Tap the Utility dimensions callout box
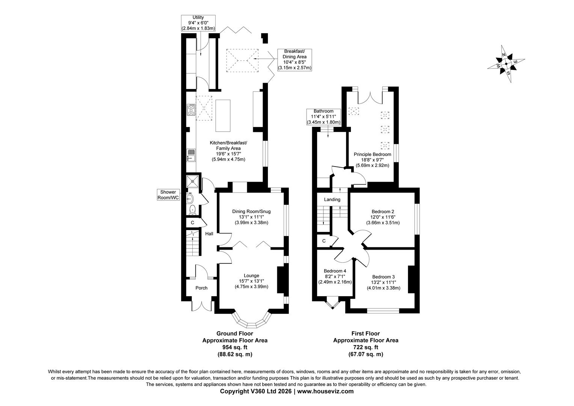coord(198,23)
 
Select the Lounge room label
coord(251,276)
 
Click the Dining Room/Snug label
coord(251,212)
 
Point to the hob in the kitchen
coord(191,109)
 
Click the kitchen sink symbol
coord(191,155)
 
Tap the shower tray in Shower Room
coord(193,182)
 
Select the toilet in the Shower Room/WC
coord(192,210)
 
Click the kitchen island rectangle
coord(223,115)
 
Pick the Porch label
coord(201,288)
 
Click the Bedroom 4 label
coord(335,271)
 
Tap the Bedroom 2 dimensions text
coord(383,223)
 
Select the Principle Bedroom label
coord(372,155)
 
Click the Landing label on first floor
coord(332,200)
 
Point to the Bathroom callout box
coord(323,117)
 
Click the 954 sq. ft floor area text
coord(235,347)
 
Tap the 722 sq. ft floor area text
coord(366,347)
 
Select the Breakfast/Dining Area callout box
coord(295,59)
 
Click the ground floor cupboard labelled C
coord(192,223)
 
